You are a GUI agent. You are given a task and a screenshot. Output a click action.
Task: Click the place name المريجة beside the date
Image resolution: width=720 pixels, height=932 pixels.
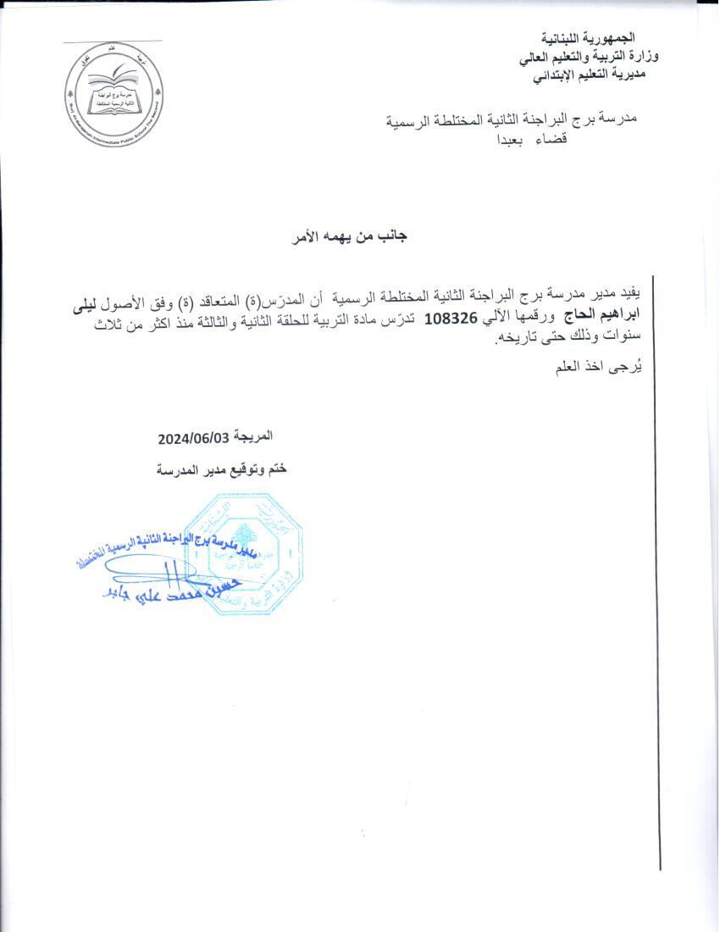click(253, 436)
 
